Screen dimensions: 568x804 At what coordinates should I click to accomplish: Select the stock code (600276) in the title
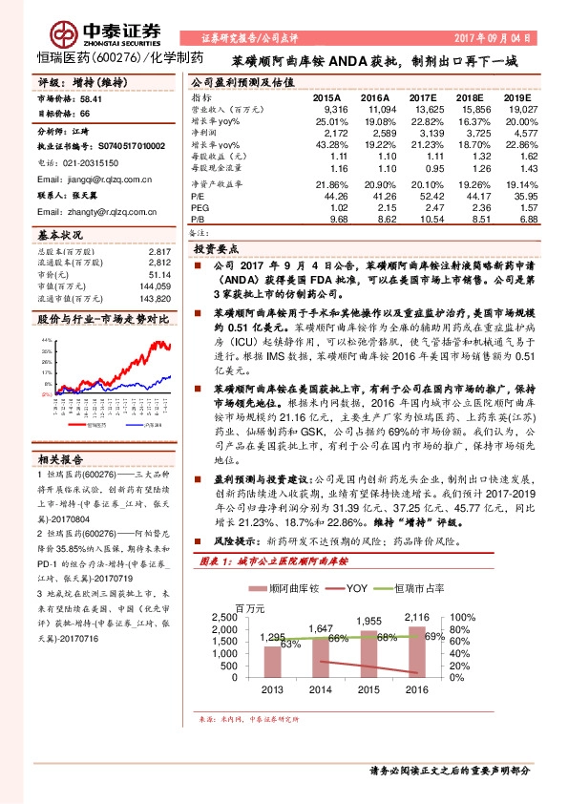click(117, 58)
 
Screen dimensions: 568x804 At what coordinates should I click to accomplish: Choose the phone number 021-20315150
click(94, 162)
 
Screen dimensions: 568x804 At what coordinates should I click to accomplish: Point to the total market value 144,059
click(153, 286)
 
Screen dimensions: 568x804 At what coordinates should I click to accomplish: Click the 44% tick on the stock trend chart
click(45, 339)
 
